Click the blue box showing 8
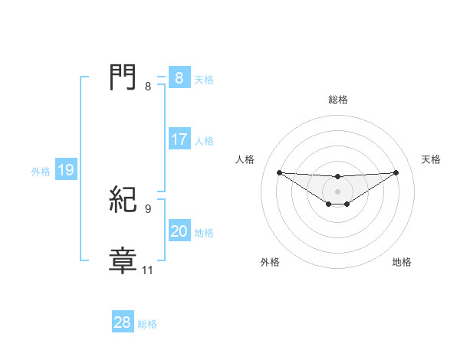pyautogui.click(x=179, y=78)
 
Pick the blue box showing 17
pyautogui.click(x=179, y=140)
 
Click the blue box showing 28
pyautogui.click(x=122, y=322)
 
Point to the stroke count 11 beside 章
pyautogui.click(x=148, y=270)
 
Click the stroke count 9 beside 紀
pyautogui.click(x=148, y=208)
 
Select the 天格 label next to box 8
pyautogui.click(x=204, y=79)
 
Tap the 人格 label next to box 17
pyautogui.click(x=204, y=141)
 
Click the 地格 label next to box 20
pyautogui.click(x=204, y=233)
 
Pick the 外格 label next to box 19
pyautogui.click(x=41, y=172)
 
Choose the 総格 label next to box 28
pyautogui.click(x=147, y=323)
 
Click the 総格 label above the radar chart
pyautogui.click(x=337, y=100)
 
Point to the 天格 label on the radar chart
pyautogui.click(x=431, y=159)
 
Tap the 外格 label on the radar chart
pyautogui.click(x=270, y=262)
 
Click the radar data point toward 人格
pyautogui.click(x=279, y=172)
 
